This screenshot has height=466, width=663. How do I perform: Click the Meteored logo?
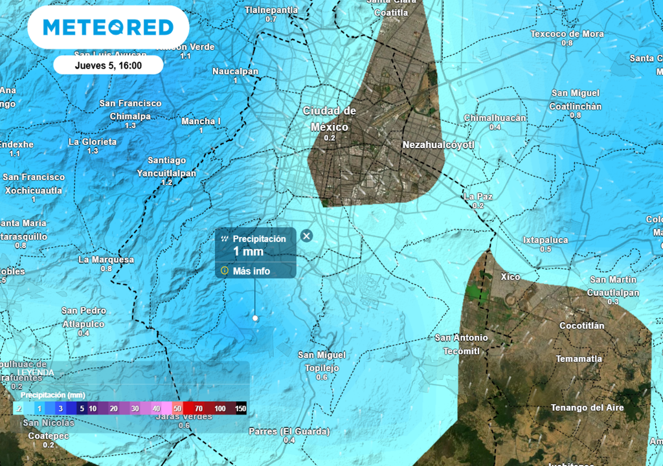point(108,27)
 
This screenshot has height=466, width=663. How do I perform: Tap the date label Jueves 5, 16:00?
point(108,65)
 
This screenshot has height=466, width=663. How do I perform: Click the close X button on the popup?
point(307,236)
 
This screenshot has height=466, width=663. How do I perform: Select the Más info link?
point(251,271)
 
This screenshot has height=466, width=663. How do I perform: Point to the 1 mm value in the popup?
point(248,251)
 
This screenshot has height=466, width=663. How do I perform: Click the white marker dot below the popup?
point(255,318)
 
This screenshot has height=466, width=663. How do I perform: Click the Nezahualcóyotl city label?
point(438,145)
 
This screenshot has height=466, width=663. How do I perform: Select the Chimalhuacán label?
point(495,118)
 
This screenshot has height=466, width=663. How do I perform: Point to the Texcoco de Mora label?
point(567,34)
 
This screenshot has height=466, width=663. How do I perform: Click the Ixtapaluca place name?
point(545,240)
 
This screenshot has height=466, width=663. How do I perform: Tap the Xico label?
point(510,277)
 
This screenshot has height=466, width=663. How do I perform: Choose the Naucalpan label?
point(235,71)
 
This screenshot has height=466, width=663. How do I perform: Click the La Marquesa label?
point(106,260)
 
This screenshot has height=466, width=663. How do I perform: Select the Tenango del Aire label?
point(587,407)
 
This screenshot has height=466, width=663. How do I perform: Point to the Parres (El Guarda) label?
point(289,431)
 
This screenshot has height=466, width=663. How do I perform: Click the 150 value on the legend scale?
point(240,408)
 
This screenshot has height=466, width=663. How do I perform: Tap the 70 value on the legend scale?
point(199,408)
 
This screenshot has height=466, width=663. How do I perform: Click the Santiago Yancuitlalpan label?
point(166,167)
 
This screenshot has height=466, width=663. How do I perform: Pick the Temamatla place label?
point(578,359)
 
